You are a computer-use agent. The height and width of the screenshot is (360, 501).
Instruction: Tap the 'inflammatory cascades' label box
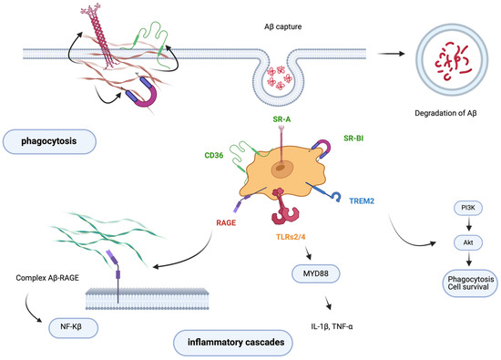pyautogui.click(x=234, y=342)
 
